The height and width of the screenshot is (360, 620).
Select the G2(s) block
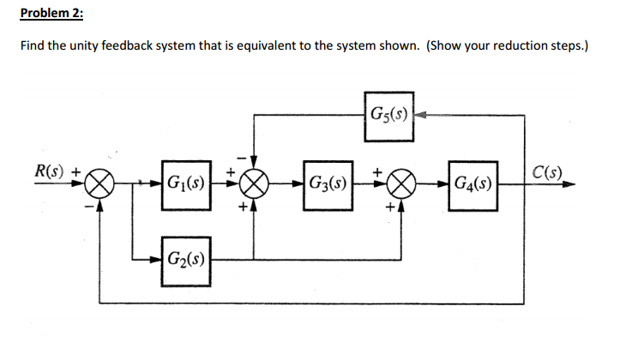(185, 256)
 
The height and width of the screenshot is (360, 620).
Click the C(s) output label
(544, 168)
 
